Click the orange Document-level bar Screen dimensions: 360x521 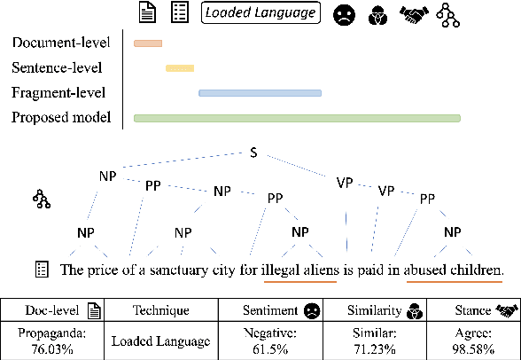point(147,43)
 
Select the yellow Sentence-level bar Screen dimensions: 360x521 point(180,67)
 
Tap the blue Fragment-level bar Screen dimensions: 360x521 point(260,92)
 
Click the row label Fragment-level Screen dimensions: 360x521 point(58,92)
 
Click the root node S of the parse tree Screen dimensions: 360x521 point(254,153)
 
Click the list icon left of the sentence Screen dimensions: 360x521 point(40,268)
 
